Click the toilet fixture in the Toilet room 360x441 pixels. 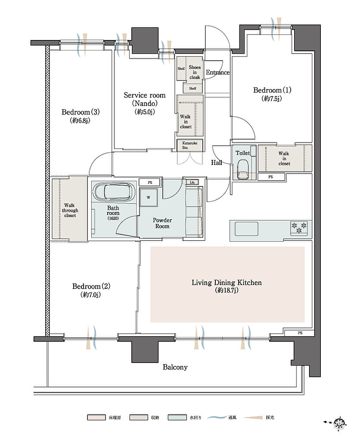click(243, 169)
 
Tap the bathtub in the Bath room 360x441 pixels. click(114, 192)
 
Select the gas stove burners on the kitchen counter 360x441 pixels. click(299, 228)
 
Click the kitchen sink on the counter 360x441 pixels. click(246, 229)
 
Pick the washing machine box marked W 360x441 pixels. click(148, 197)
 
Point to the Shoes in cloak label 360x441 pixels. click(195, 72)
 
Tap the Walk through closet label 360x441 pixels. click(70, 210)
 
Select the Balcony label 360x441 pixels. click(175, 367)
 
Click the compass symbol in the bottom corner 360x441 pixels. click(339, 422)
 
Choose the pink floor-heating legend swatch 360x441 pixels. click(96, 417)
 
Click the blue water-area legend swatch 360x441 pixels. click(177, 417)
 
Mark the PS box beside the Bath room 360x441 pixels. click(149, 182)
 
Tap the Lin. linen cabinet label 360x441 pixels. click(192, 182)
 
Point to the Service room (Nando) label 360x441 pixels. click(145, 103)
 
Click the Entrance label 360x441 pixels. click(218, 72)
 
